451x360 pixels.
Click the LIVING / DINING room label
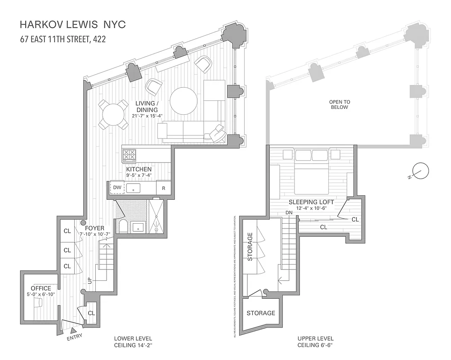(x=147, y=107)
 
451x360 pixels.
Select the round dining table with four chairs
(x=113, y=114)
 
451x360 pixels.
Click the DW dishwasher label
(x=117, y=187)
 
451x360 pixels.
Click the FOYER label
(x=95, y=227)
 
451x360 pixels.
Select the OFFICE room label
(x=40, y=288)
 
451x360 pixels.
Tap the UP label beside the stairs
(x=90, y=280)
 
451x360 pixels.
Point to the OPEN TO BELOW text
(x=339, y=104)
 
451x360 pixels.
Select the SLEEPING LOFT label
(x=311, y=202)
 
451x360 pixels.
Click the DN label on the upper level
(x=290, y=213)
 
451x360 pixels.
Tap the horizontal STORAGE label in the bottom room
(x=261, y=313)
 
